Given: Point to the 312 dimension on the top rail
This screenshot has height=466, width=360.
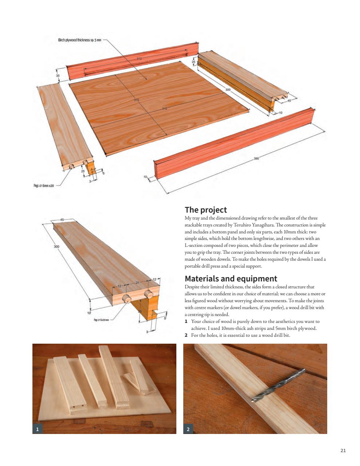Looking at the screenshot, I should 139,58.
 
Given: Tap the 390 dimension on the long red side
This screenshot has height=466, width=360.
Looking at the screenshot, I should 256,159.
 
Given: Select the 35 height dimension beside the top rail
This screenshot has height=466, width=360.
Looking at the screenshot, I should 58,75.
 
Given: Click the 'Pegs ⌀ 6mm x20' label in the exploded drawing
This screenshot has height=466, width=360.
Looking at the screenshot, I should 44,186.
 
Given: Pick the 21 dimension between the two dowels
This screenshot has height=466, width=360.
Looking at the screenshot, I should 137,283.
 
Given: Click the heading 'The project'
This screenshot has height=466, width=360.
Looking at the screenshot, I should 206,210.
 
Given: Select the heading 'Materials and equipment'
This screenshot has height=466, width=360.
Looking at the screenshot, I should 231,279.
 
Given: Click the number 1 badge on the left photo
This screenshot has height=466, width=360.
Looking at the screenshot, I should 38,429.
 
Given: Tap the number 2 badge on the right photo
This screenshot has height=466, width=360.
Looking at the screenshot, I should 188,429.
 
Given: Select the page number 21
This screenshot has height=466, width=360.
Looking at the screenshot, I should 343,450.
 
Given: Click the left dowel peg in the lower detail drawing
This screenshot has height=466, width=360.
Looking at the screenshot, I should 126,299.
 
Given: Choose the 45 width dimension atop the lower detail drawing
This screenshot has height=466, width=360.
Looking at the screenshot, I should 62,220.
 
